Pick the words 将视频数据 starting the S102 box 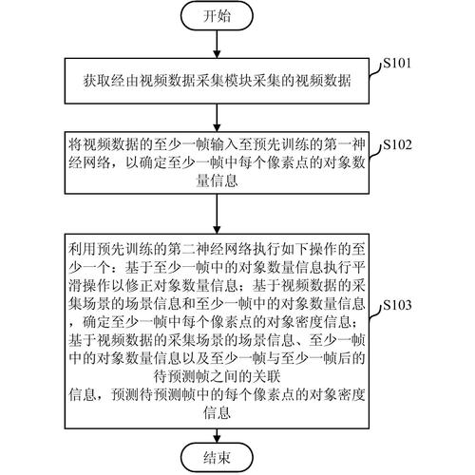(101, 146)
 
